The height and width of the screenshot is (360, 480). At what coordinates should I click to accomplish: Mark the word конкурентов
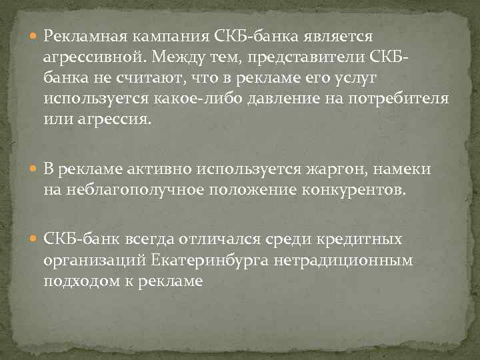(x=350, y=192)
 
